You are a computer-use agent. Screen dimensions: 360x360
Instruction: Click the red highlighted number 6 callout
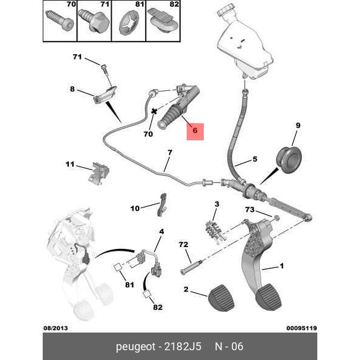pos(195,132)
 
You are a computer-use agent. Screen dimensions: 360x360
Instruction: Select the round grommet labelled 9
pos(289,160)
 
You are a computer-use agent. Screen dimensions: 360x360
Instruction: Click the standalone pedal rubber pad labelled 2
pos(221,298)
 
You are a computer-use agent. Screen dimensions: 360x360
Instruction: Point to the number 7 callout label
pos(170,153)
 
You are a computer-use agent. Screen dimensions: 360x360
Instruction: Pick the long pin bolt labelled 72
pos(191,267)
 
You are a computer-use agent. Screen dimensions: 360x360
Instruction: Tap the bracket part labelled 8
pos(105,95)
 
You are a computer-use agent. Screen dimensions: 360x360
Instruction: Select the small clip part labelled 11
pos(99,173)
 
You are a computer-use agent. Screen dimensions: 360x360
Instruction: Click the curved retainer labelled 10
pos(162,204)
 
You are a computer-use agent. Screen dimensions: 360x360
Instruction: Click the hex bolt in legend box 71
pos(94,20)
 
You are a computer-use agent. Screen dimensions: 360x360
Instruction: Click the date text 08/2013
pos(56,328)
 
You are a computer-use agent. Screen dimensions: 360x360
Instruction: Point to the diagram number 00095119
pos(301,328)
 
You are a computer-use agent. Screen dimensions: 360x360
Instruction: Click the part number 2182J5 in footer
pos(183,347)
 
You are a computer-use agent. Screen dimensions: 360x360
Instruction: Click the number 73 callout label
pos(250,209)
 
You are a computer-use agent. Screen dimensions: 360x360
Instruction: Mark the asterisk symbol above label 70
pos(154,112)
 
